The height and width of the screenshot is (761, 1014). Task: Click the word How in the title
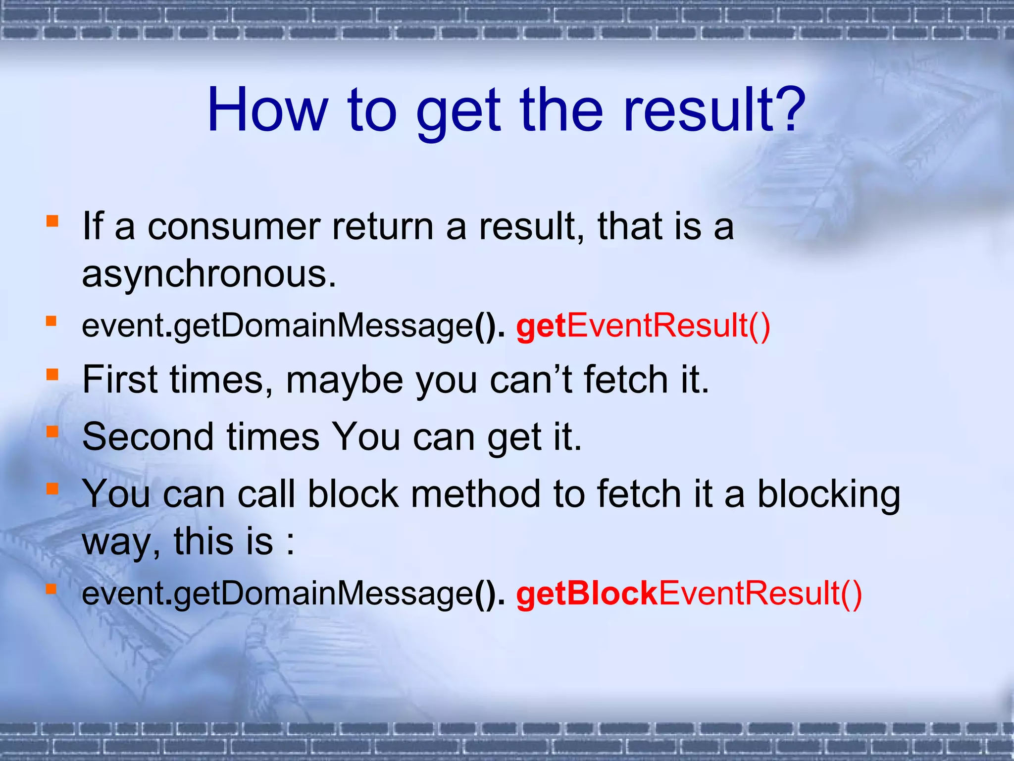point(268,110)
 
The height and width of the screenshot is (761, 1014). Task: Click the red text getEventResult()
point(643,326)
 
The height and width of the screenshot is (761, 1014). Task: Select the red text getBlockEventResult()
point(689,594)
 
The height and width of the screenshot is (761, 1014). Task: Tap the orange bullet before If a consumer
point(51,221)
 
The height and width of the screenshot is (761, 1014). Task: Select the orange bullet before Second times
point(51,432)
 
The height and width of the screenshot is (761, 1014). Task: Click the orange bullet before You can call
point(51,489)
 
